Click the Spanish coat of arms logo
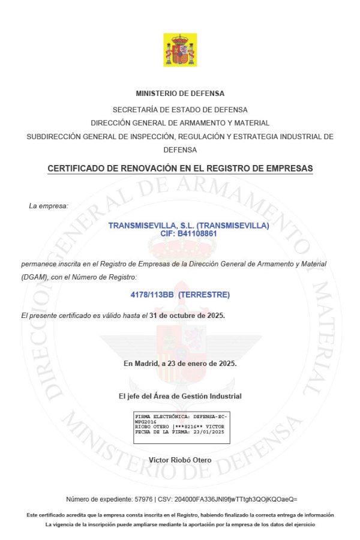[180, 50]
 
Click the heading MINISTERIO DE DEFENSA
[180, 94]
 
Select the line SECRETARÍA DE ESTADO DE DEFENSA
[180, 110]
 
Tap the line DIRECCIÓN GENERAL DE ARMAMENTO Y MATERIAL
[180, 123]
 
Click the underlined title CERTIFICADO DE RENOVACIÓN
[180, 169]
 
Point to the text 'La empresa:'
[49, 206]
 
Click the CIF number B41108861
[196, 233]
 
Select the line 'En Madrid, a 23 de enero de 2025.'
[180, 364]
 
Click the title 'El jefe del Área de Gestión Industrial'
[180, 396]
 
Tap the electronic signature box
[181, 427]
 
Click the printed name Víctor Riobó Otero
[180, 460]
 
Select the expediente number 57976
[142, 499]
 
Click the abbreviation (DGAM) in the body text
[34, 277]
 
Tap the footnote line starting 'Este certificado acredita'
[180, 515]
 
